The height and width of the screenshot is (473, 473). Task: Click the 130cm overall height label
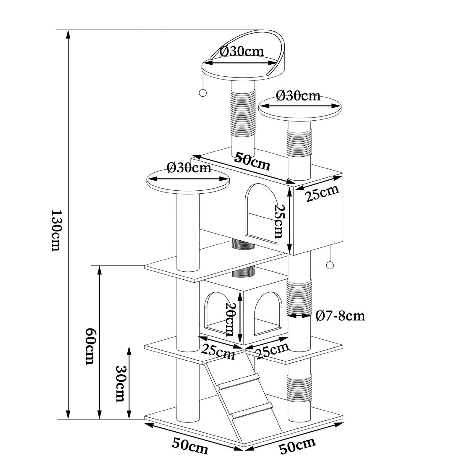click(x=56, y=231)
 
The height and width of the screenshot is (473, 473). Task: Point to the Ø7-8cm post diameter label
click(x=340, y=316)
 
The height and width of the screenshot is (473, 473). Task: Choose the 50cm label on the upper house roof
click(x=252, y=161)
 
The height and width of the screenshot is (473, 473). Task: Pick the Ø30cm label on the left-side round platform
click(x=189, y=168)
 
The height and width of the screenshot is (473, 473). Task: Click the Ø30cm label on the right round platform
click(x=298, y=96)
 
